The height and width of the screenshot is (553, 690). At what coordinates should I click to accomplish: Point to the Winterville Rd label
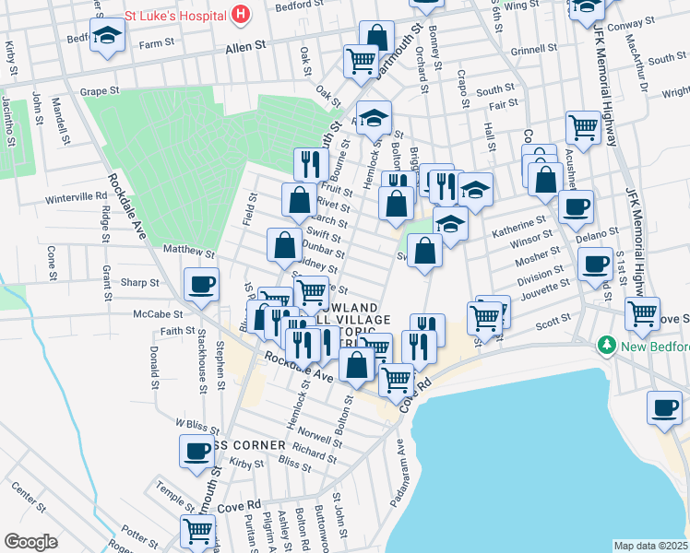tap(77, 196)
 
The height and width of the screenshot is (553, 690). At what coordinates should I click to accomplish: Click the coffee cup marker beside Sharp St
tap(201, 284)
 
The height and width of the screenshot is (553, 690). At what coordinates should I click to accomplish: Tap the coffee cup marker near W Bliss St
tap(196, 452)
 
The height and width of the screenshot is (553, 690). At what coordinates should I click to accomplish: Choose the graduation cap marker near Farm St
tap(108, 37)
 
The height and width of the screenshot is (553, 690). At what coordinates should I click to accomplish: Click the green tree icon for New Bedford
tap(607, 346)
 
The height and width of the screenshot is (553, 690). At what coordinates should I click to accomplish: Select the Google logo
tap(30, 542)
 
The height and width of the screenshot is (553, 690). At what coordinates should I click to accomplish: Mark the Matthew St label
tap(188, 251)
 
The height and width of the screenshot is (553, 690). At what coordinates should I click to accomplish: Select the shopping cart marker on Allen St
tap(361, 61)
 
